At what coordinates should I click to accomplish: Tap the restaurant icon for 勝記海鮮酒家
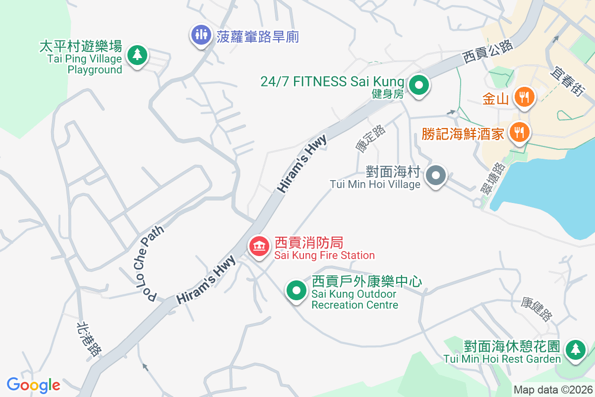click(519, 132)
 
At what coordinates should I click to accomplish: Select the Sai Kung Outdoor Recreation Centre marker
click(297, 291)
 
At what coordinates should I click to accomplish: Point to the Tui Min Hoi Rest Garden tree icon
click(575, 349)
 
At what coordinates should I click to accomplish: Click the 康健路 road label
click(536, 309)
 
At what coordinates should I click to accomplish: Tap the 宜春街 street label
click(567, 79)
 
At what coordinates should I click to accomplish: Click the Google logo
click(33, 385)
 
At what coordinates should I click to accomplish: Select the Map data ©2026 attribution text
click(553, 390)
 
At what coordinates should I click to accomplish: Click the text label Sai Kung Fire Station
click(325, 256)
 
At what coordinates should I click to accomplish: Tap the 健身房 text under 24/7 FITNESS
click(388, 94)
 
